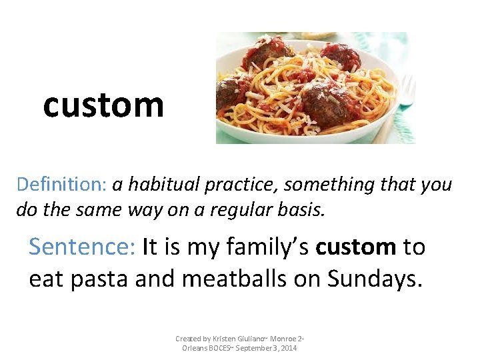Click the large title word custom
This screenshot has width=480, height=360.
coord(103,105)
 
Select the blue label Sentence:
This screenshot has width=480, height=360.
coord(83,247)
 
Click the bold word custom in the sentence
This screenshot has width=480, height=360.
coord(356,247)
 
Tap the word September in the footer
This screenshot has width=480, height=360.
coord(255,348)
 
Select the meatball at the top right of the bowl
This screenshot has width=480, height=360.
coord(340,57)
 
